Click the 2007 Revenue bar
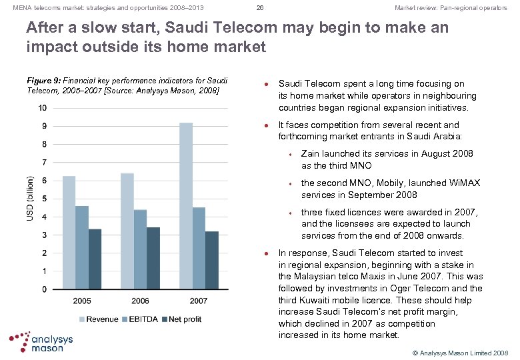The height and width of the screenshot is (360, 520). pyautogui.click(x=186, y=206)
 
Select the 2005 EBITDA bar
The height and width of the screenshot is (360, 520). pyautogui.click(x=81, y=247)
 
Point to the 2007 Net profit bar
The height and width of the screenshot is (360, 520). pyautogui.click(x=211, y=260)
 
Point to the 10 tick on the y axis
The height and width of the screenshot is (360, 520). pyautogui.click(x=42, y=108)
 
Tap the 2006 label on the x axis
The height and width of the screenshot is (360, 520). pyautogui.click(x=140, y=301)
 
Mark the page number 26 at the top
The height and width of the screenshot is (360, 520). pyautogui.click(x=260, y=8)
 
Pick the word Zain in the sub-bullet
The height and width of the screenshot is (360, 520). pyautogui.click(x=311, y=153)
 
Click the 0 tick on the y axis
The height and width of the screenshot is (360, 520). pyautogui.click(x=45, y=289)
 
